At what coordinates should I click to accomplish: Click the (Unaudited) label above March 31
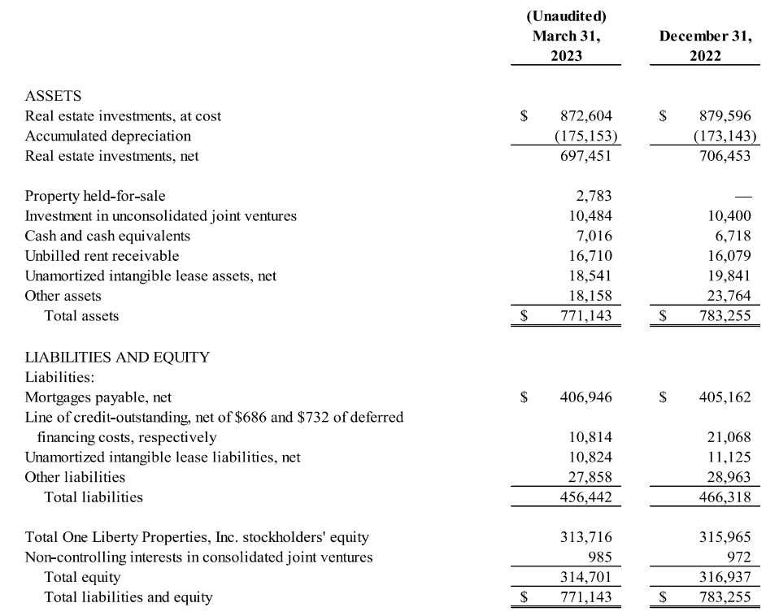[x=566, y=16]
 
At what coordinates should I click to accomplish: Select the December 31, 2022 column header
[x=705, y=46]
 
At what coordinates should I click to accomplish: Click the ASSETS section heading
[x=53, y=96]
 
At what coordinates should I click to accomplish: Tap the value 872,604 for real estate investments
[x=586, y=116]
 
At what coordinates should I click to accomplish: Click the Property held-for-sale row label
[x=95, y=196]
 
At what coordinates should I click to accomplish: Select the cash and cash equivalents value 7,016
[x=594, y=236]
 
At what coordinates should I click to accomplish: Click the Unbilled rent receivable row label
[x=102, y=256]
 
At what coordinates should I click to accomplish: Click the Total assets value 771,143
[x=586, y=315]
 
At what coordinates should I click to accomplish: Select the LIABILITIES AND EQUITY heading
[x=117, y=357]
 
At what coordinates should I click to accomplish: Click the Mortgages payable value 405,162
[x=725, y=397]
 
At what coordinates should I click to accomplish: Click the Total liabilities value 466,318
[x=725, y=497]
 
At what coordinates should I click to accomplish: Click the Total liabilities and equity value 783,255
[x=725, y=597]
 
